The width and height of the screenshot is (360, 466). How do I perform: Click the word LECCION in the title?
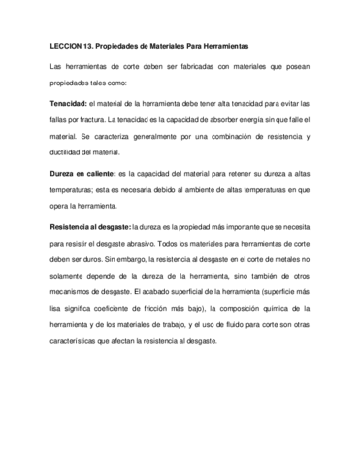[x=67, y=46]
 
